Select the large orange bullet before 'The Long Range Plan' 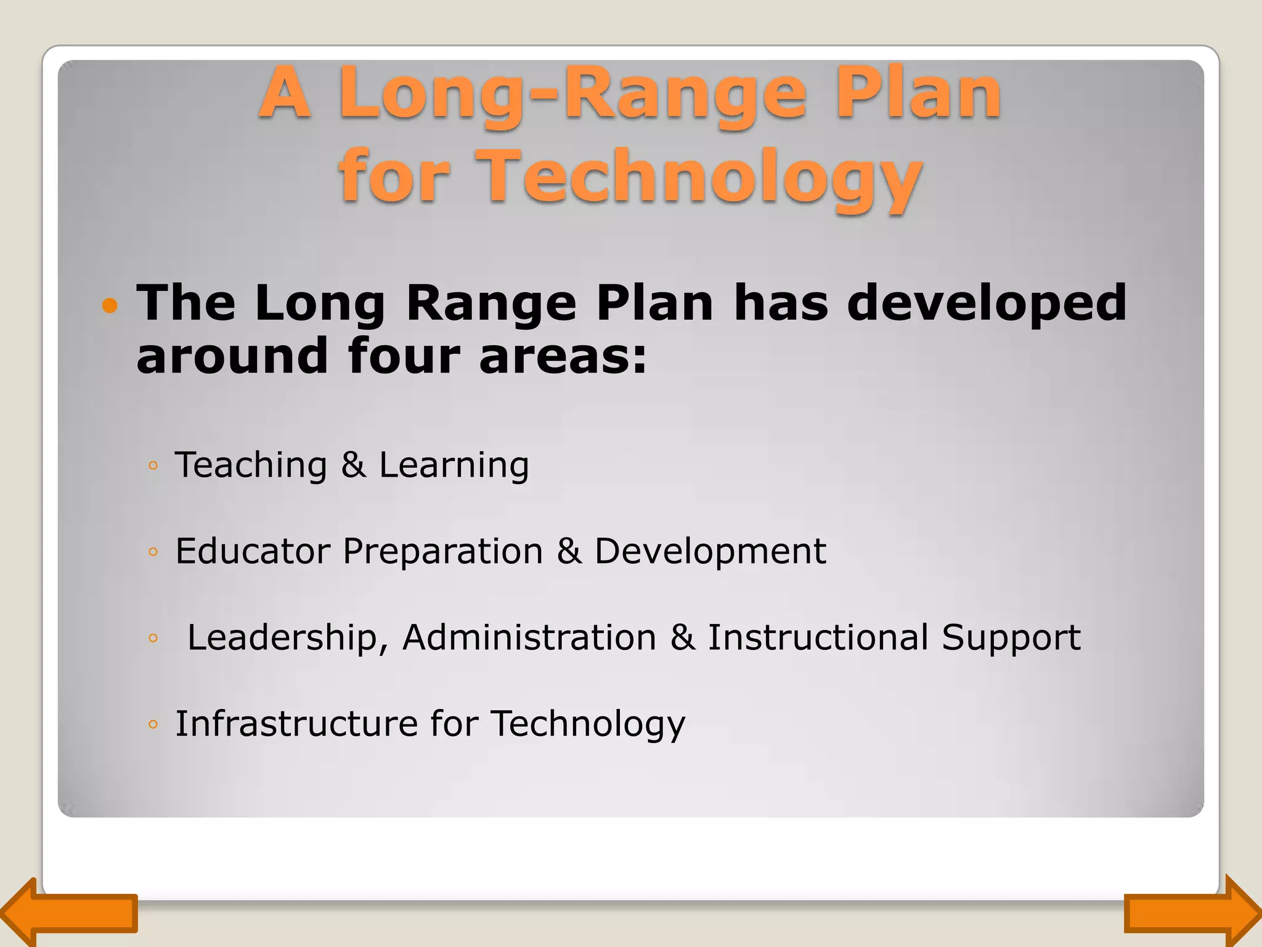pos(110,305)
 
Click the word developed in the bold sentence pos(986,303)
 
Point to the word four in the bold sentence pos(404,356)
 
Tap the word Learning pos(454,466)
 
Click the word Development pos(709,552)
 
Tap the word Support pos(1011,638)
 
